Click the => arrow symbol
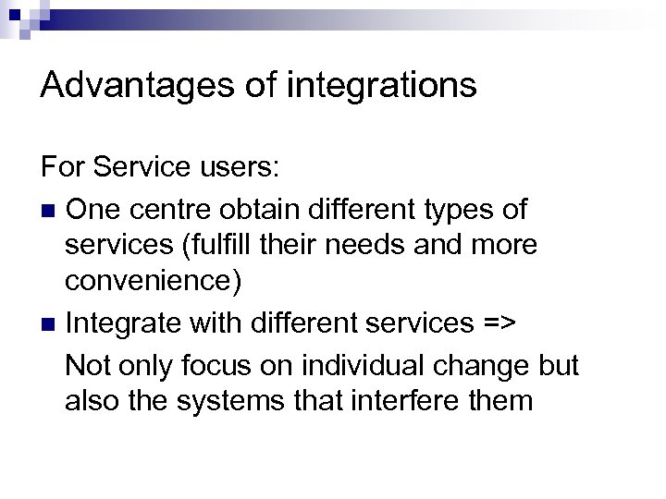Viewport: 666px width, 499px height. pos(500,324)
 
